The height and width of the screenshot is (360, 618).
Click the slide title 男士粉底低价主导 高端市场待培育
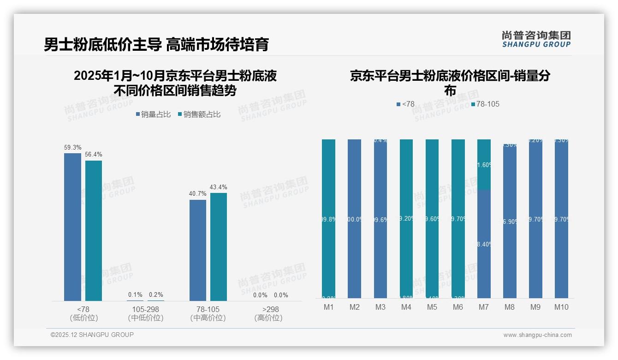(156, 44)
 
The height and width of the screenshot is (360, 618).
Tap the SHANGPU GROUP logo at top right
(536, 39)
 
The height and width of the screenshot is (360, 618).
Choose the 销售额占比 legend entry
(199, 114)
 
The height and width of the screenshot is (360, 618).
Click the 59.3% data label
(72, 148)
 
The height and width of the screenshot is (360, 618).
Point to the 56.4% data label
(94, 155)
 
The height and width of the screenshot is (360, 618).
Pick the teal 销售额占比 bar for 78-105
(219, 247)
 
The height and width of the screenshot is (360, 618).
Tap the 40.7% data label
(198, 194)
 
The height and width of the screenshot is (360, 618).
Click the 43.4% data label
(219, 187)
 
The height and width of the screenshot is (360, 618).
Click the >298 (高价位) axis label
(268, 313)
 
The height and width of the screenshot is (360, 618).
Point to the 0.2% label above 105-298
(156, 294)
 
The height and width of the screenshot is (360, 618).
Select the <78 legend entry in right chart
(405, 104)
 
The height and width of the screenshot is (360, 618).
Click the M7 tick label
(484, 307)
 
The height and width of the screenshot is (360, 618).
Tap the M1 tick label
(328, 307)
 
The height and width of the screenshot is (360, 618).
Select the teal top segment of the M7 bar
(484, 164)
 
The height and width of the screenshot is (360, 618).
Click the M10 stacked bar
(561, 219)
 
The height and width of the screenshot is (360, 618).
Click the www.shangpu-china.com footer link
(537, 335)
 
